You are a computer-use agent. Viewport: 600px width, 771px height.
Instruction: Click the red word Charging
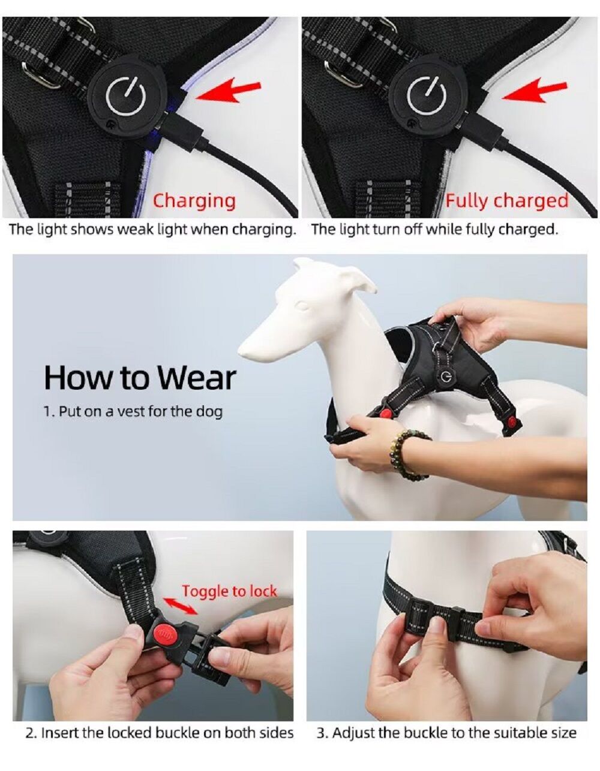(x=194, y=201)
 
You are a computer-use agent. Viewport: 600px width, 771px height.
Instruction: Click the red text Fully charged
(x=506, y=201)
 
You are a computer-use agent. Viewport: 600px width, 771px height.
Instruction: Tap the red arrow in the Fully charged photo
(x=533, y=90)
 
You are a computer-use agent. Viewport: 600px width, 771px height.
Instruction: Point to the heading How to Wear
(x=140, y=378)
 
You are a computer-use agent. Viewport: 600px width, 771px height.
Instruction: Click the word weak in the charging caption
(x=136, y=230)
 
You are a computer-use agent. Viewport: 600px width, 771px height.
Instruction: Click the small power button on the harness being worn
(x=446, y=375)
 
